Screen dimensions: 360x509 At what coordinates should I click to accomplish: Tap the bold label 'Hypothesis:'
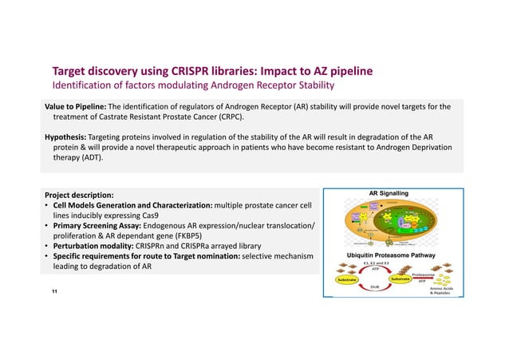67,136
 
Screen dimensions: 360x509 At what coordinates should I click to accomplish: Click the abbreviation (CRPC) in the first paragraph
226,117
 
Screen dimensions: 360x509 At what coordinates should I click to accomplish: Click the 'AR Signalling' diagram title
389,193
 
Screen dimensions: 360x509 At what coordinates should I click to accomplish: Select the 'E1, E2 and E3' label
376,263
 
